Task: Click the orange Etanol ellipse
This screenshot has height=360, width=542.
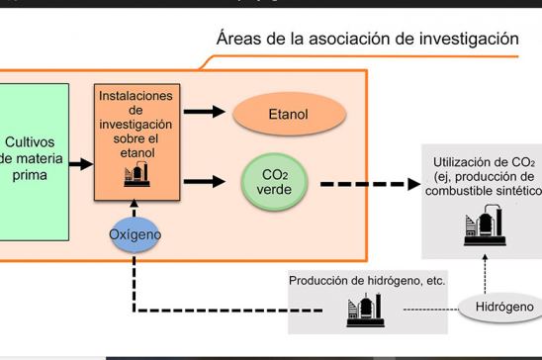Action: (x=289, y=115)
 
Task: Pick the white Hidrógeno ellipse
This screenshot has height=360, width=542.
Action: (x=499, y=307)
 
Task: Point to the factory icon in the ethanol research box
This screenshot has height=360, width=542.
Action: (x=135, y=175)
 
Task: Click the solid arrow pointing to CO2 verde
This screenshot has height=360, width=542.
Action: (x=205, y=181)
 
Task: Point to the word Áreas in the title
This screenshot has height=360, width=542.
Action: (x=242, y=40)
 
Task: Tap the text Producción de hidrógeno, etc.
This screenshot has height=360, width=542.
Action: (x=367, y=280)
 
